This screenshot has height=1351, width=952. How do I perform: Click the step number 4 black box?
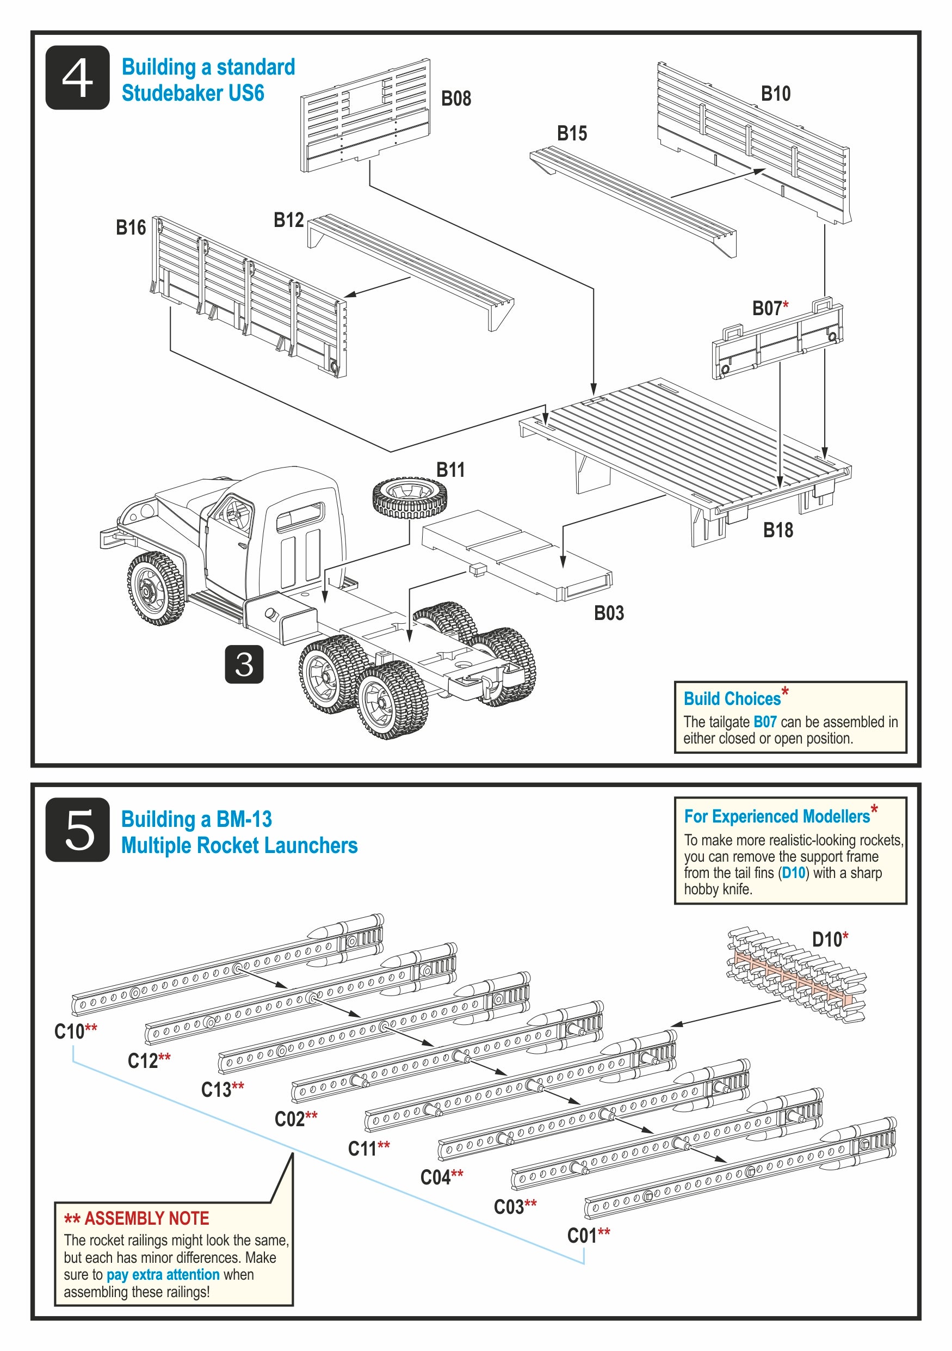[x=77, y=77]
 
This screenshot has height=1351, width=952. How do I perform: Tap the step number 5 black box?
[x=77, y=829]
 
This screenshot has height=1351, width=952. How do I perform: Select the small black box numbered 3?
[x=244, y=664]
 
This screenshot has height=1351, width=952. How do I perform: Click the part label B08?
[x=456, y=99]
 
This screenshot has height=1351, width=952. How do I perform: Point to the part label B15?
[x=572, y=133]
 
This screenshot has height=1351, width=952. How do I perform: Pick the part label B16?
[x=131, y=228]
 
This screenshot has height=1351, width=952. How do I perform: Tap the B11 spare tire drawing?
[x=410, y=498]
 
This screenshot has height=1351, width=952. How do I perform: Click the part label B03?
[x=609, y=613]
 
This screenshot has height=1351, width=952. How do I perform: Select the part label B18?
[x=777, y=530]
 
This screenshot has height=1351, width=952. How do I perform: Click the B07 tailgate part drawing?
[x=777, y=340]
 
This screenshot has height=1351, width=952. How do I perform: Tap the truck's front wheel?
[x=156, y=588]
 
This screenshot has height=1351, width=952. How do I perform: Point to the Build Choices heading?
[x=732, y=698]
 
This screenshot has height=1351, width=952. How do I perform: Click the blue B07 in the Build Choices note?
[x=764, y=722]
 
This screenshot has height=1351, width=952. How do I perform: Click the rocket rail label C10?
[x=70, y=1031]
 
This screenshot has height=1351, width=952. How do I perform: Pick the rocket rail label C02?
[x=290, y=1119]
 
